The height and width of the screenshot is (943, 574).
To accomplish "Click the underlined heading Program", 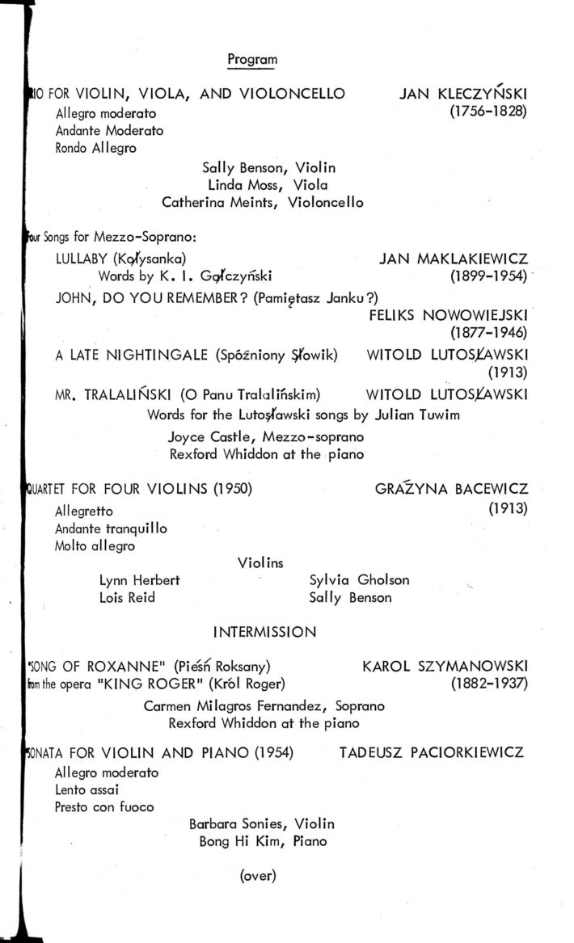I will click(252, 59).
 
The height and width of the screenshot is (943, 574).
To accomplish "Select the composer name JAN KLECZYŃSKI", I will click(463, 95).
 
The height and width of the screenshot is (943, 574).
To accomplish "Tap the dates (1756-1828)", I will click(488, 112).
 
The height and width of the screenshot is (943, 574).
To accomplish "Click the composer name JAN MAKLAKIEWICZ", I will click(453, 259).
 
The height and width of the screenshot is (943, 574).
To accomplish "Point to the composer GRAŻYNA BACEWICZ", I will click(451, 490).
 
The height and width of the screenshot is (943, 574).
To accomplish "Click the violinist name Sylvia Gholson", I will click(359, 580).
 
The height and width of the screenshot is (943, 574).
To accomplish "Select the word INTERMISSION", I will click(264, 633).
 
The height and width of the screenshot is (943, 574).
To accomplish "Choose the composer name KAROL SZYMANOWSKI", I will click(445, 667).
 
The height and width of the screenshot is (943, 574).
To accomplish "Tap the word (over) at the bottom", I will click(259, 875).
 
